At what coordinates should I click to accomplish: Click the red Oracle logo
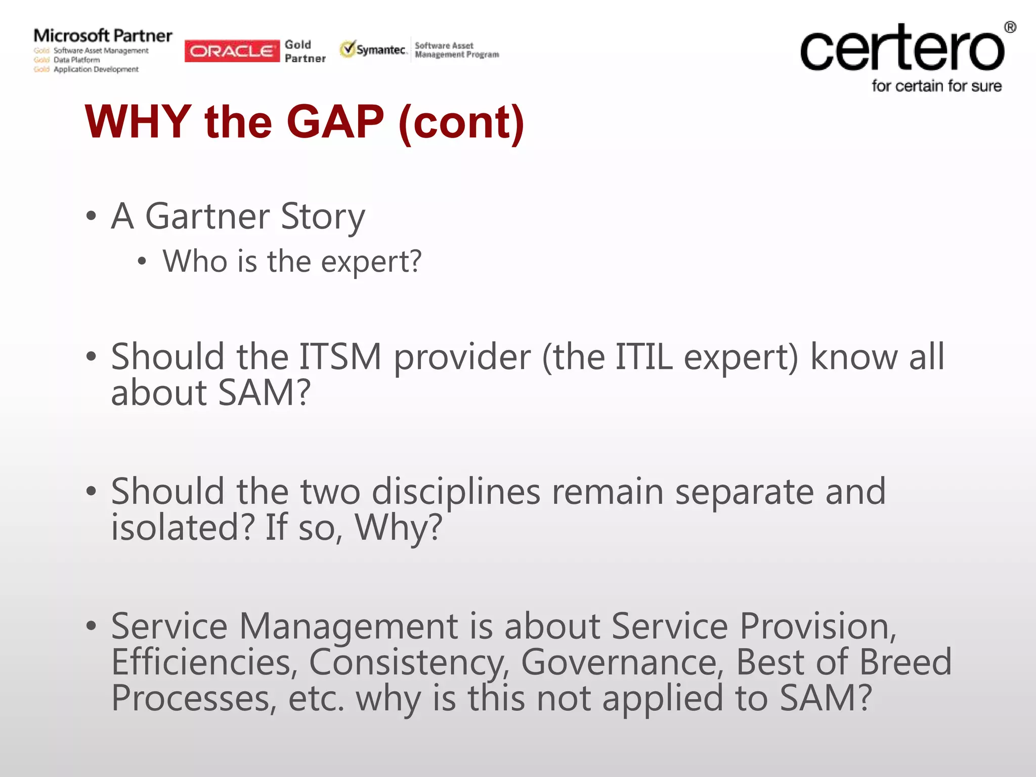tap(232, 51)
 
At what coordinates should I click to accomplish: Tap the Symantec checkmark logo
tap(348, 49)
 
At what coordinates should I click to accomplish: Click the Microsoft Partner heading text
tap(103, 36)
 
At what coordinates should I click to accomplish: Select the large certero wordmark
tap(902, 49)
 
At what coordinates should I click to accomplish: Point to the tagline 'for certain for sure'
tap(936, 87)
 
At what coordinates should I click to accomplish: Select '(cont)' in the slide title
tap(461, 123)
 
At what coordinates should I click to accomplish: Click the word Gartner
tap(207, 217)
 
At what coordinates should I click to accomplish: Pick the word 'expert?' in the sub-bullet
tap(371, 262)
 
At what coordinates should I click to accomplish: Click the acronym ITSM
tap(340, 357)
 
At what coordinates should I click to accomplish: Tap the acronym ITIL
tap(643, 357)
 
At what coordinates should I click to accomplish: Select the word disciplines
tap(456, 492)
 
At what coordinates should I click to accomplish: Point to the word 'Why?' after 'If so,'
tap(399, 528)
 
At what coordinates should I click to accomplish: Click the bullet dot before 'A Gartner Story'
tap(91, 217)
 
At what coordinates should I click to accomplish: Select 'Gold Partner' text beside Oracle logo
tap(305, 52)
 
